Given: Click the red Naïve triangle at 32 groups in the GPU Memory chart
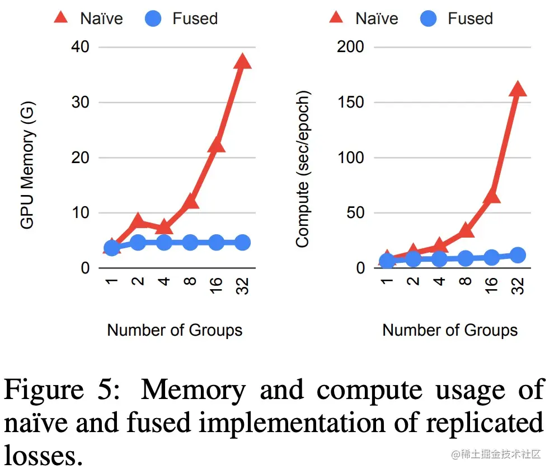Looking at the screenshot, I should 242,61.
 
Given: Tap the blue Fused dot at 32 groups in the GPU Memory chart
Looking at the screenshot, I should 242,243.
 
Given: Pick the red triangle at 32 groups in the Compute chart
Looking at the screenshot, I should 518,89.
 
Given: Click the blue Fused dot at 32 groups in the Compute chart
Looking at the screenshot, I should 518,255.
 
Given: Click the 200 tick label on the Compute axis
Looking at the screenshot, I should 351,48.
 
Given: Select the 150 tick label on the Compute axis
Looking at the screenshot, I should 351,103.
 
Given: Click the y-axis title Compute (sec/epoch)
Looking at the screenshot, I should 303,168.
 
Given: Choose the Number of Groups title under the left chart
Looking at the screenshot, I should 175,330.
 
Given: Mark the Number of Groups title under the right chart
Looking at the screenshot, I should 450,330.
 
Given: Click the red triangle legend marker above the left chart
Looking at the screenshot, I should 60,18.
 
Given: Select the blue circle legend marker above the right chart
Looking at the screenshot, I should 428,18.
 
